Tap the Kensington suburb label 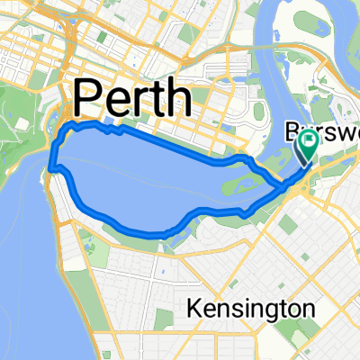pyautogui.click(x=251, y=309)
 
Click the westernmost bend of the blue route pyautogui.click(x=51, y=166)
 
